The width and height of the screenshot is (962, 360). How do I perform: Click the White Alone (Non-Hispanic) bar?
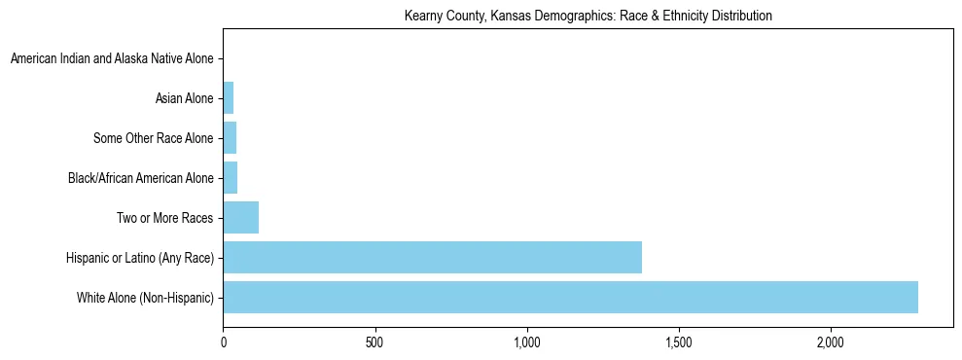(x=570, y=297)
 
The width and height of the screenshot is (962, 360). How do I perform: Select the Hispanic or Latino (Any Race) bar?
(x=432, y=257)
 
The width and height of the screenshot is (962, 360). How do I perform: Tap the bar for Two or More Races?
(x=240, y=217)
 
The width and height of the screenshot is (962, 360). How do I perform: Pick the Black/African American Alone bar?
(x=231, y=177)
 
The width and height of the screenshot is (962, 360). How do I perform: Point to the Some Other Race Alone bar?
(x=230, y=137)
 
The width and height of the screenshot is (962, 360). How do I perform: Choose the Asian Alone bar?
(x=229, y=97)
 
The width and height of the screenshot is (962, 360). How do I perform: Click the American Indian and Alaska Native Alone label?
(x=112, y=58)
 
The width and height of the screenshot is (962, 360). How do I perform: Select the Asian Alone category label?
(x=184, y=98)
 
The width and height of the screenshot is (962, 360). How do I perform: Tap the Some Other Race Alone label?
(x=153, y=138)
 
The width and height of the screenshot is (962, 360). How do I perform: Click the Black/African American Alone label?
(x=140, y=178)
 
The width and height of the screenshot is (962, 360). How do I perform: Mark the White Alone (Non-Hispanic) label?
(x=145, y=298)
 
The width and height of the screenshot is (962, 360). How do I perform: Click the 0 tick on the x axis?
(x=224, y=342)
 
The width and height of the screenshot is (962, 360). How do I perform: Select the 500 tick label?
(x=375, y=342)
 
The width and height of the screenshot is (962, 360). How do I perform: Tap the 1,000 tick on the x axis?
(x=527, y=342)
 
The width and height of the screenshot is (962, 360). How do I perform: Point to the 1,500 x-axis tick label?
(x=679, y=342)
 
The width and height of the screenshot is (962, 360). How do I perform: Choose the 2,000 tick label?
(x=831, y=342)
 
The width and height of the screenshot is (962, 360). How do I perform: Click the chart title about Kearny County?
(x=588, y=16)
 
